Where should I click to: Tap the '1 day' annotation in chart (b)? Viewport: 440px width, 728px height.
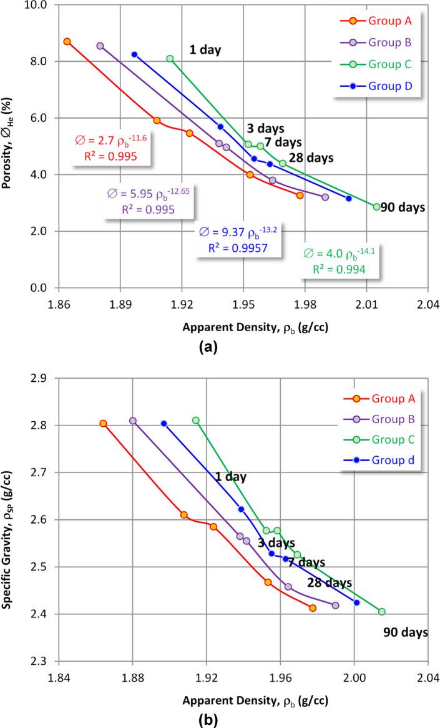[x=230, y=477]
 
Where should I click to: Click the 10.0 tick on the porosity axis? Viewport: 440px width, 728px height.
[x=39, y=5]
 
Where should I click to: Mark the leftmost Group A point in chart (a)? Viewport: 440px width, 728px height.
[x=67, y=41]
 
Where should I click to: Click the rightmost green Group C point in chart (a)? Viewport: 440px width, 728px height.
[x=376, y=207]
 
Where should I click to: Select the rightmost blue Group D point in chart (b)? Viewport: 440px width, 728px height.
[x=356, y=602]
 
